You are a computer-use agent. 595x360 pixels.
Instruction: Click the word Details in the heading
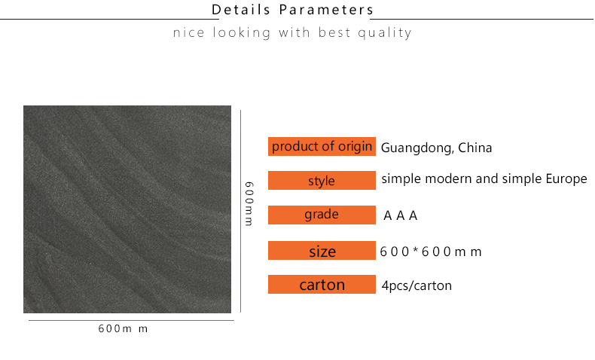pyautogui.click(x=240, y=10)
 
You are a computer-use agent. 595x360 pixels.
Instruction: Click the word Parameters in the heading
pyautogui.click(x=327, y=10)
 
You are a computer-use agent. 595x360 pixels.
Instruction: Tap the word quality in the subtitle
pyautogui.click(x=385, y=33)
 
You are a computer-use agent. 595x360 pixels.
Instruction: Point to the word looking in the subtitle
pyautogui.click(x=242, y=33)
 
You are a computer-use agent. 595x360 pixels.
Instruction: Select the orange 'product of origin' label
pyautogui.click(x=322, y=146)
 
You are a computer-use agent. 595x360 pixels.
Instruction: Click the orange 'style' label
pyautogui.click(x=322, y=180)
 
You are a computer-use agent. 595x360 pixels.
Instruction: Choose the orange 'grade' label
pyautogui.click(x=322, y=215)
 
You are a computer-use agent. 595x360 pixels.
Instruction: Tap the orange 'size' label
pyautogui.click(x=322, y=250)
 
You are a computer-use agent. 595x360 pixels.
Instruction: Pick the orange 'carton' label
pyautogui.click(x=322, y=284)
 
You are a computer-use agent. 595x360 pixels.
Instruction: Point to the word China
pyautogui.click(x=474, y=147)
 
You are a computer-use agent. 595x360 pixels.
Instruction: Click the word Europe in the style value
pyautogui.click(x=566, y=179)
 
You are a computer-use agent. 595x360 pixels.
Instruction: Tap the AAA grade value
pyautogui.click(x=401, y=216)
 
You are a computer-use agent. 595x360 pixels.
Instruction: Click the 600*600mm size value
pyautogui.click(x=431, y=252)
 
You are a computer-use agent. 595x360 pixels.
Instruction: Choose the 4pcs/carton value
pyautogui.click(x=416, y=285)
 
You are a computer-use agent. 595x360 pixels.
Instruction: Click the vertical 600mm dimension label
pyautogui.click(x=249, y=203)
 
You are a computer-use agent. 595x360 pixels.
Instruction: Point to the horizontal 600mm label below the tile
pyautogui.click(x=123, y=328)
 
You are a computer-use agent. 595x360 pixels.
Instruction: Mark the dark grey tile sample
pyautogui.click(x=127, y=209)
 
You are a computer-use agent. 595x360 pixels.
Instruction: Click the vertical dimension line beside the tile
pyautogui.click(x=240, y=212)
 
